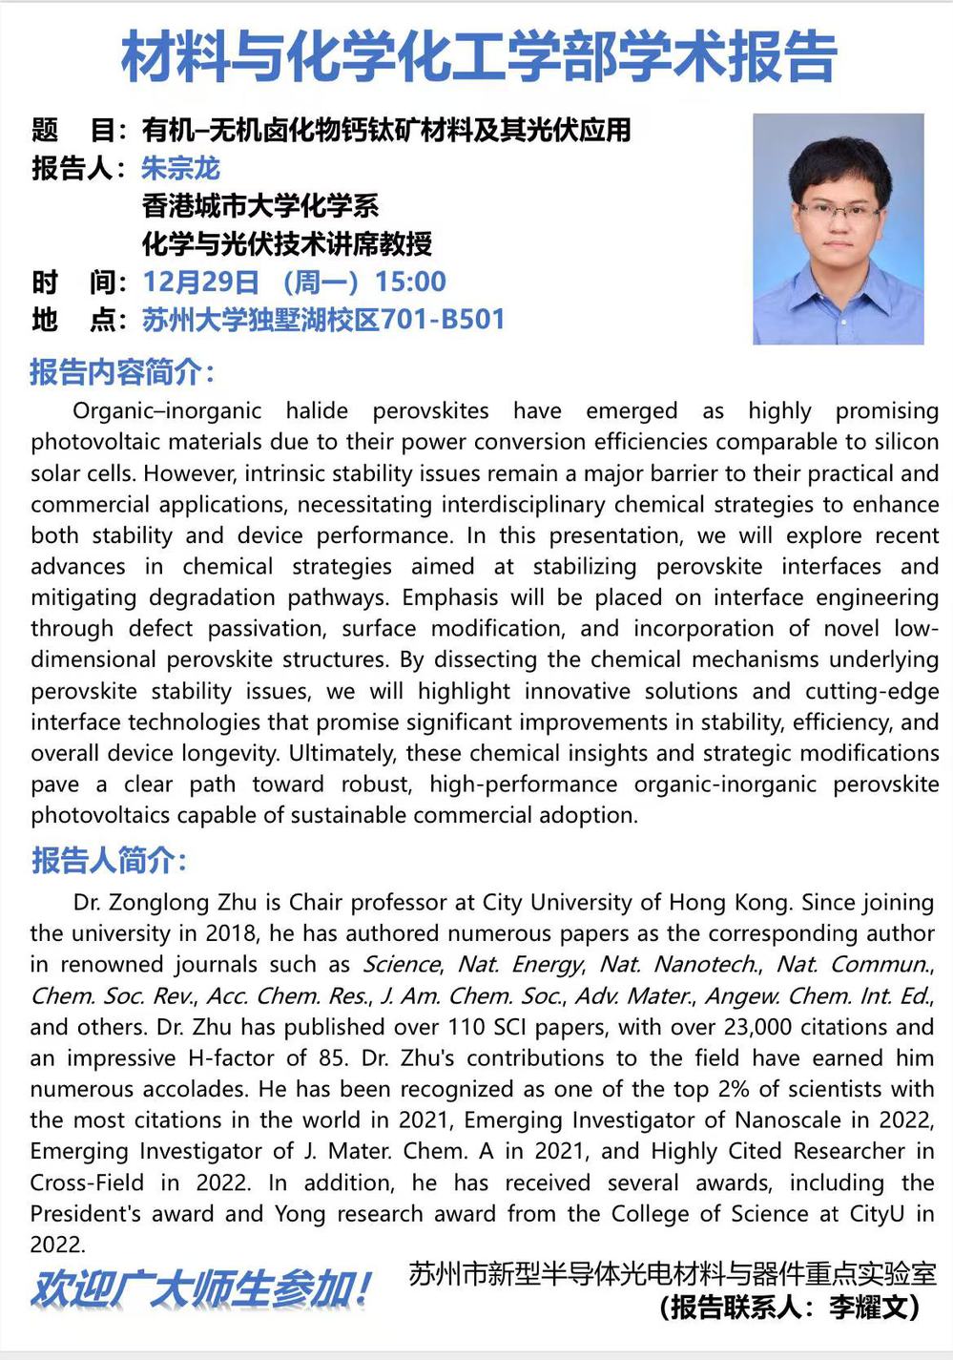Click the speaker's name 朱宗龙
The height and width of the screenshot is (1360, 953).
point(180,168)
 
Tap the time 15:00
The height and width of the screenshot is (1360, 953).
point(410,282)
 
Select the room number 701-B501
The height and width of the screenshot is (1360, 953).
point(443,319)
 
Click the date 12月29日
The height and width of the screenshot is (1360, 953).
point(200,282)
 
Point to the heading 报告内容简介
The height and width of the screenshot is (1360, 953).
point(122,371)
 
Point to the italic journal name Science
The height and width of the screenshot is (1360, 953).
point(402,965)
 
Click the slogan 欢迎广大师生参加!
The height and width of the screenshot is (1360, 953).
point(200,1290)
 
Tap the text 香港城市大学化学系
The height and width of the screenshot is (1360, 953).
point(259,205)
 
